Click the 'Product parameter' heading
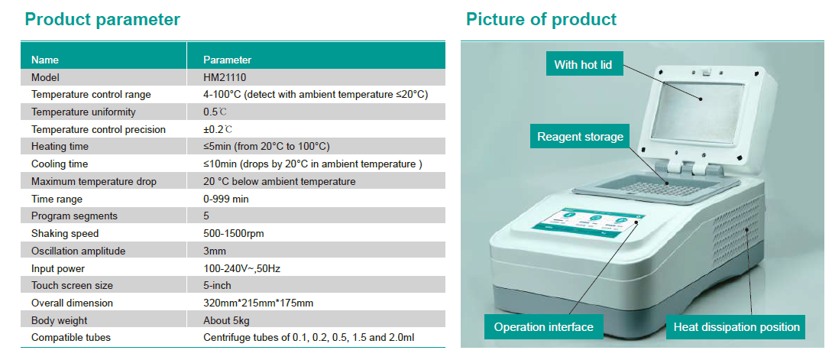click(102, 20)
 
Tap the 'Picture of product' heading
click(541, 20)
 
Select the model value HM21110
click(225, 77)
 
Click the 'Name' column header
click(45, 60)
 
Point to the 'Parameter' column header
click(227, 60)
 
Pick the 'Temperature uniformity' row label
click(83, 112)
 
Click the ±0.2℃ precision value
click(218, 130)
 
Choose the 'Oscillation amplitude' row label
click(79, 251)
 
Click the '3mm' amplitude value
click(214, 251)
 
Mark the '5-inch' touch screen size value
click(217, 286)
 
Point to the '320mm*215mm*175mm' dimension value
click(258, 303)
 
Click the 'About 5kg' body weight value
click(226, 321)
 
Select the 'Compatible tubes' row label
click(71, 338)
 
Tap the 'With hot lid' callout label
click(583, 65)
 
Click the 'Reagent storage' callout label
click(580, 137)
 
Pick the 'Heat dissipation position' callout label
click(736, 327)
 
